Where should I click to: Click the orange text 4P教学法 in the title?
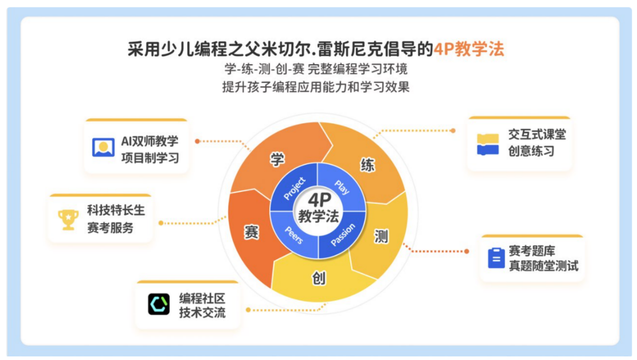pyautogui.click(x=468, y=49)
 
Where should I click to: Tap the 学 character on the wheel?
pyautogui.click(x=277, y=159)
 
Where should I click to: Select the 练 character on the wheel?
pyautogui.click(x=367, y=165)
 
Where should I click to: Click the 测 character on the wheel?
pyautogui.click(x=381, y=236)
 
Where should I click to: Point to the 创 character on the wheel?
pyautogui.click(x=319, y=278)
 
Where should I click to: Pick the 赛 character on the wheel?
pyautogui.click(x=252, y=232)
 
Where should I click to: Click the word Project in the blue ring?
pyautogui.click(x=295, y=188)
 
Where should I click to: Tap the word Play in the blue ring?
pyautogui.click(x=342, y=187)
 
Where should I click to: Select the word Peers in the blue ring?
pyautogui.click(x=294, y=235)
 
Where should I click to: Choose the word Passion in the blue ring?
pyautogui.click(x=343, y=235)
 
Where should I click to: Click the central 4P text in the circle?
pyautogui.click(x=320, y=200)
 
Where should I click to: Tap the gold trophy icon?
pyautogui.click(x=68, y=220)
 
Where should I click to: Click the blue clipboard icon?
pyautogui.click(x=496, y=258)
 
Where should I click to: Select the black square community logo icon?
pyautogui.click(x=158, y=304)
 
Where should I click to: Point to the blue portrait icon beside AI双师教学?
pyautogui.click(x=103, y=147)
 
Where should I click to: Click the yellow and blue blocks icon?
pyautogui.click(x=488, y=144)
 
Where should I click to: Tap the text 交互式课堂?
pyautogui.click(x=537, y=134)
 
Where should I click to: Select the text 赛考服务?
pyautogui.click(x=110, y=228)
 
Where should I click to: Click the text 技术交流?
pyautogui.click(x=202, y=313)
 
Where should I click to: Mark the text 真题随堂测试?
pyautogui.click(x=543, y=266)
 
